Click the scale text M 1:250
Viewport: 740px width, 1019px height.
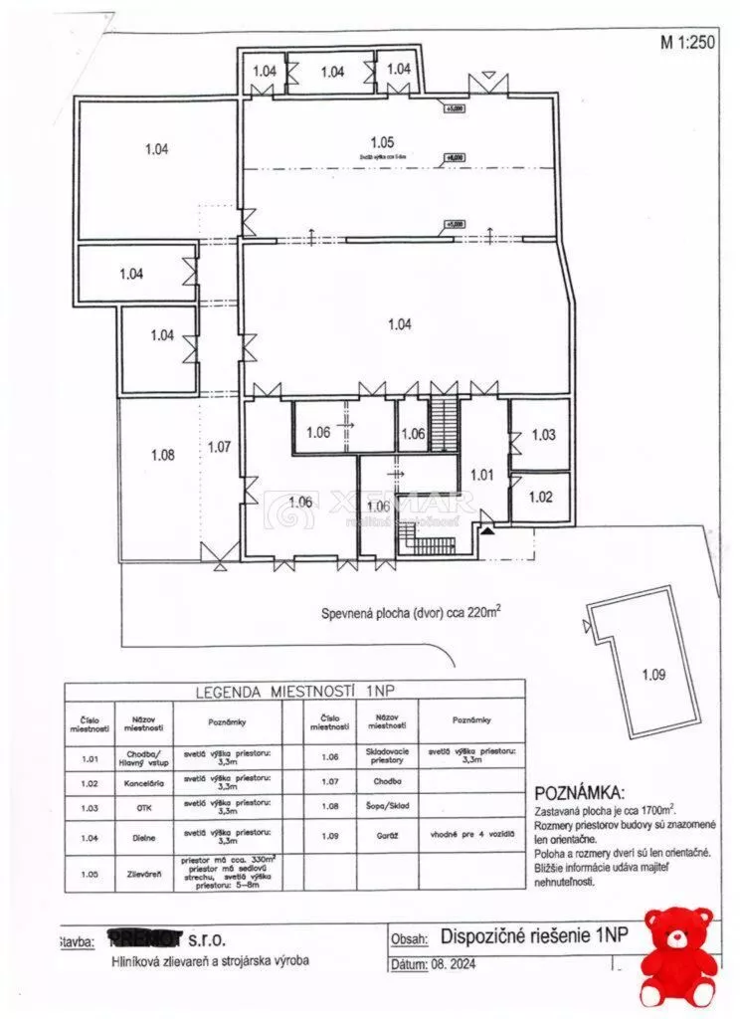687,42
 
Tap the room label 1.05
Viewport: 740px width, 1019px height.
383,141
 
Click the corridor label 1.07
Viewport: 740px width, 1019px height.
220,447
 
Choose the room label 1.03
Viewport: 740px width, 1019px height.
543,435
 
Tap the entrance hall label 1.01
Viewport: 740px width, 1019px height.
481,475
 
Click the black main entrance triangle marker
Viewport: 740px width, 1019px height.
487,530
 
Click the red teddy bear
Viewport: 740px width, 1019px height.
679,955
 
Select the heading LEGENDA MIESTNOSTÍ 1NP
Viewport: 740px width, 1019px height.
294,691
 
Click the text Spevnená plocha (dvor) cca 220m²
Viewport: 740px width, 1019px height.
410,614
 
